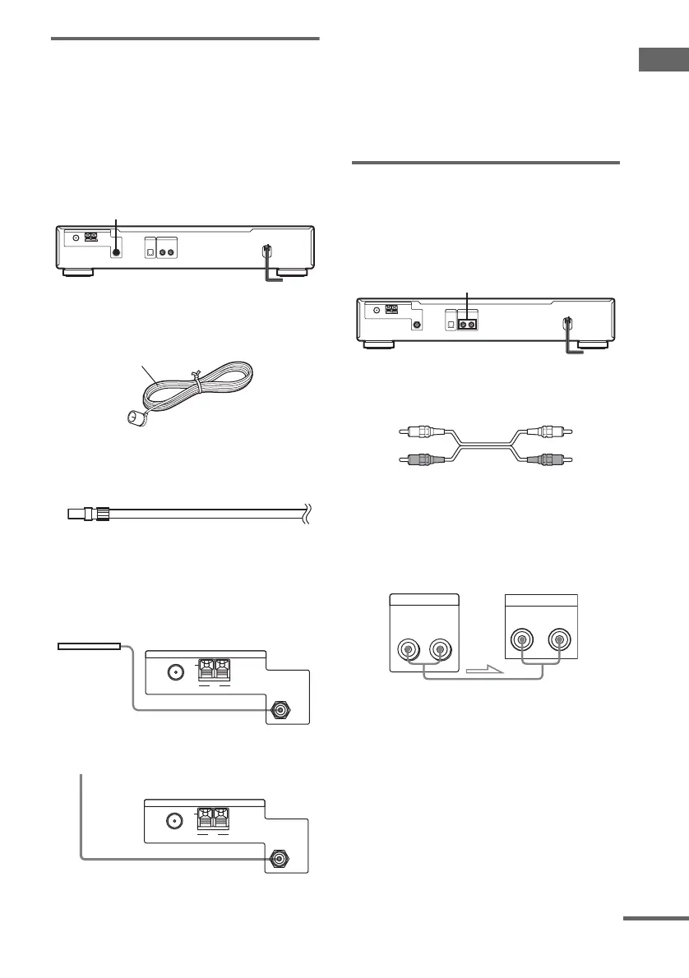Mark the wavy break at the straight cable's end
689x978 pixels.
[x=307, y=515]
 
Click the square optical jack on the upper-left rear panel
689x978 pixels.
[x=150, y=247]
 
